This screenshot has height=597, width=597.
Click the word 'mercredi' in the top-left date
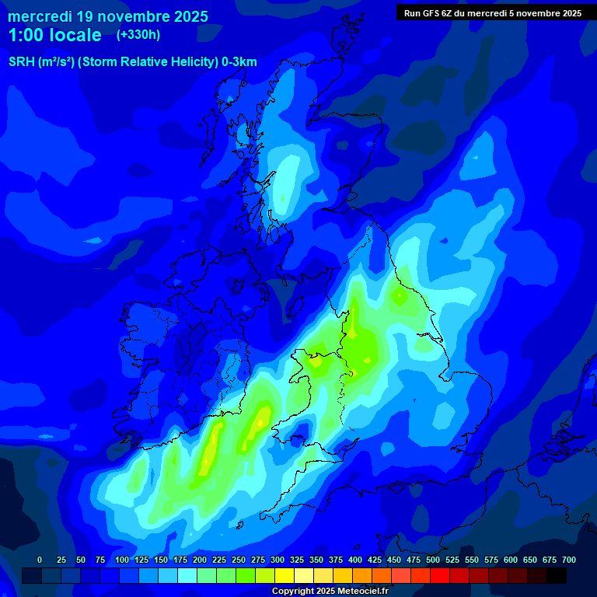tap(40, 16)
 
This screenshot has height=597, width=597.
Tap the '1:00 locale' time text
tap(55, 35)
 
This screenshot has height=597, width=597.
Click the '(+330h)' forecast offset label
tap(138, 35)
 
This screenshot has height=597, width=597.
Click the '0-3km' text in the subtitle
tap(239, 62)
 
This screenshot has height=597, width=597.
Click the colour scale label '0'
tap(40, 560)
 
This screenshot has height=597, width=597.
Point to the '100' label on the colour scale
tap(122, 560)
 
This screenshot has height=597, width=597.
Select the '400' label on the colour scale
tap(355, 560)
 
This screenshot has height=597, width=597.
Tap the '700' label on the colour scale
tap(569, 560)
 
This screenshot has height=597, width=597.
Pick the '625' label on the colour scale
tap(530, 560)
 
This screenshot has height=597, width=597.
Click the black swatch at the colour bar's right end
tap(557, 575)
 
